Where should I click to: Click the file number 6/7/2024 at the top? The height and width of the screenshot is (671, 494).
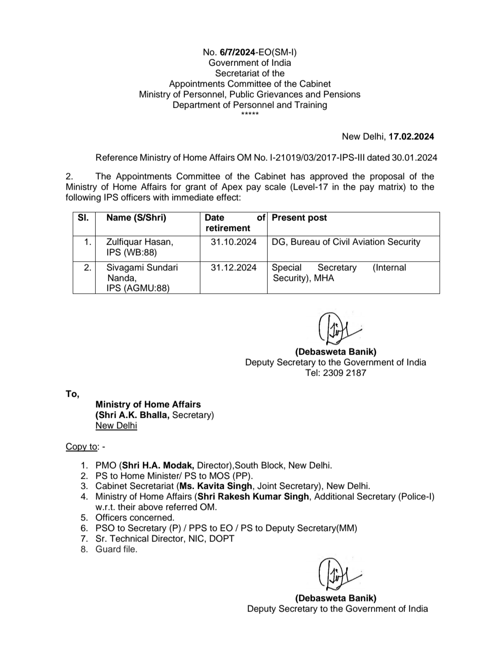point(237,52)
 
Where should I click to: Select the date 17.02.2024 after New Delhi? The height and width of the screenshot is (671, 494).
point(411,136)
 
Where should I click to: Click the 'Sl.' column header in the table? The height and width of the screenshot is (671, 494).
point(83,218)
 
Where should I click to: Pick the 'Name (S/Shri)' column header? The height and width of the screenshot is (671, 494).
point(136,218)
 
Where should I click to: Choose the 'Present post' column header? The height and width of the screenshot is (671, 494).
point(299,218)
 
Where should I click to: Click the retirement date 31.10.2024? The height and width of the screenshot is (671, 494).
point(233,242)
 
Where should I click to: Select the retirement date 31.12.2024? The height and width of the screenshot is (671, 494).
point(233,267)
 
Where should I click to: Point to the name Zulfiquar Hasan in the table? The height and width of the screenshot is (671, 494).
point(140,242)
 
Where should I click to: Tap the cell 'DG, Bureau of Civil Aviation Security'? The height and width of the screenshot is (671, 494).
point(346,242)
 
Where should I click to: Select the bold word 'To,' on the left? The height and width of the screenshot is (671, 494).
point(72,393)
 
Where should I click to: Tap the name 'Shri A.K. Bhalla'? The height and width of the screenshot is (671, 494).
point(133,415)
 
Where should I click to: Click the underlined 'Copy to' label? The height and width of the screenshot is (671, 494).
point(81,447)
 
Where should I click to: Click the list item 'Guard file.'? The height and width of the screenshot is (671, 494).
point(116,549)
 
